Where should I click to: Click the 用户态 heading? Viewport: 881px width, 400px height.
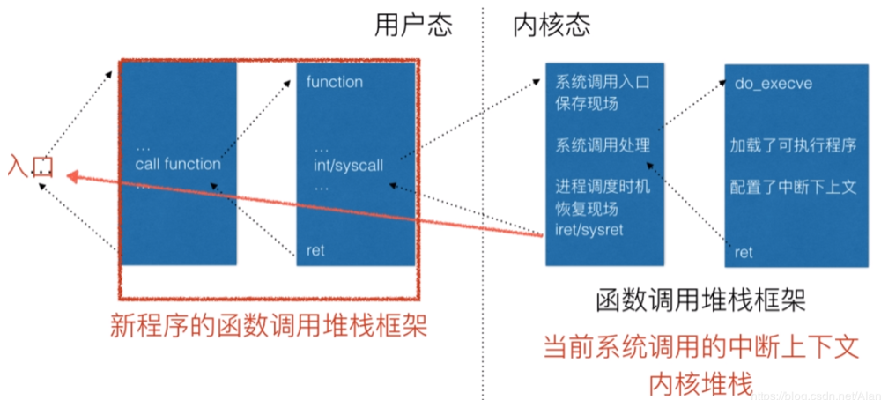tap(413, 26)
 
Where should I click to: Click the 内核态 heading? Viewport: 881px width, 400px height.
tap(551, 26)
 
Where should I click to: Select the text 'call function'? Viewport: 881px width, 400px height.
tap(178, 164)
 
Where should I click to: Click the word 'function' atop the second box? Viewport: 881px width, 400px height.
tap(334, 82)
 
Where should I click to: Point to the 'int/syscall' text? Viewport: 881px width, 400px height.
tap(349, 165)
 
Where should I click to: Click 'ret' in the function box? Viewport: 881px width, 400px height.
tap(315, 250)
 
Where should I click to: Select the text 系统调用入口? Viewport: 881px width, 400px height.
tap(603, 84)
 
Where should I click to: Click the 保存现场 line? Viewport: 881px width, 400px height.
tap(587, 103)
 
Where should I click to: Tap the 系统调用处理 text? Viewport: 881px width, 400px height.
tap(603, 144)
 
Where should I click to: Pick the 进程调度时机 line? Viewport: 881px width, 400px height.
tap(603, 188)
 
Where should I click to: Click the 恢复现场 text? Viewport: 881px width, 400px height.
tap(587, 209)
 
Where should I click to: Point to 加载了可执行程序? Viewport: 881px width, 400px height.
tap(793, 144)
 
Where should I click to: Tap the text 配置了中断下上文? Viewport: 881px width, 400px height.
tap(793, 187)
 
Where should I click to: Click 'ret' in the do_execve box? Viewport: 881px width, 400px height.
tap(744, 252)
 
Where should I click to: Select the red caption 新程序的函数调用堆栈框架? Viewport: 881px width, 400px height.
tap(269, 326)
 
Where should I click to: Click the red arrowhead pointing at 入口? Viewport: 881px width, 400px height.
tap(70, 173)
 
